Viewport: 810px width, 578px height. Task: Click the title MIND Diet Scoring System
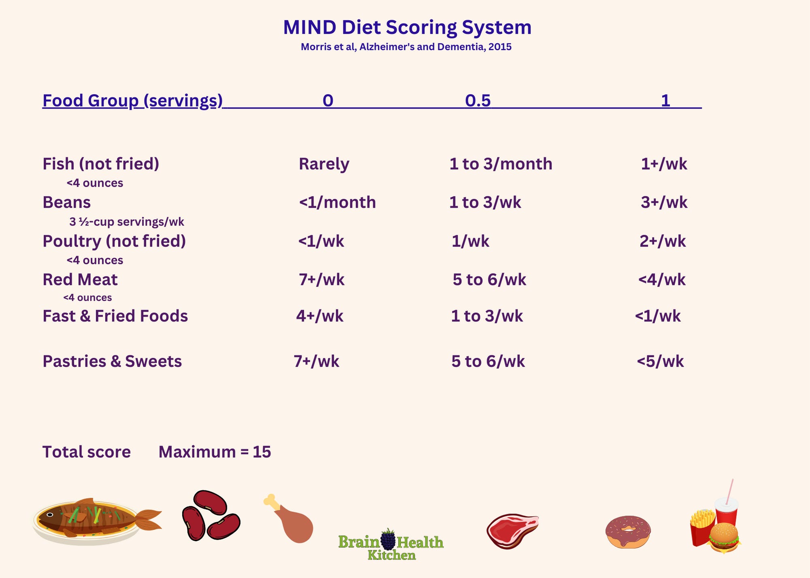point(407,28)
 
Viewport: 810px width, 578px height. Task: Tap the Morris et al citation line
point(406,47)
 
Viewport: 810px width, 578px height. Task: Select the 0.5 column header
point(477,100)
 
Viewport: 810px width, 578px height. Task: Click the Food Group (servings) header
point(132,100)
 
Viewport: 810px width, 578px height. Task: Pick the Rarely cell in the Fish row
point(324,164)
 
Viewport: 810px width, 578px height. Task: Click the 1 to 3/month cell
point(501,164)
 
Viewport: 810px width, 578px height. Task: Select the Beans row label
point(66,202)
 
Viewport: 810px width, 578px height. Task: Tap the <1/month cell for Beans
point(337,202)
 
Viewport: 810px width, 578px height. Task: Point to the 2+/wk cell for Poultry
point(663,241)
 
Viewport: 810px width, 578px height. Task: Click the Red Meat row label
point(80,280)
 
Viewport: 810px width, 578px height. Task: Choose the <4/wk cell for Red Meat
point(662,280)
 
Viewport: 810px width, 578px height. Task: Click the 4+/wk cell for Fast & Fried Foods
point(320,316)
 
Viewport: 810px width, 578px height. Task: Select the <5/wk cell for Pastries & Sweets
point(660,361)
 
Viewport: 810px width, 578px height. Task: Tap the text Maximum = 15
point(214,452)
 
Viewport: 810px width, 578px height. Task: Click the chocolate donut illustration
point(628,531)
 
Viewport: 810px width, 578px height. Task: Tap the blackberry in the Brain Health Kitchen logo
point(388,540)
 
